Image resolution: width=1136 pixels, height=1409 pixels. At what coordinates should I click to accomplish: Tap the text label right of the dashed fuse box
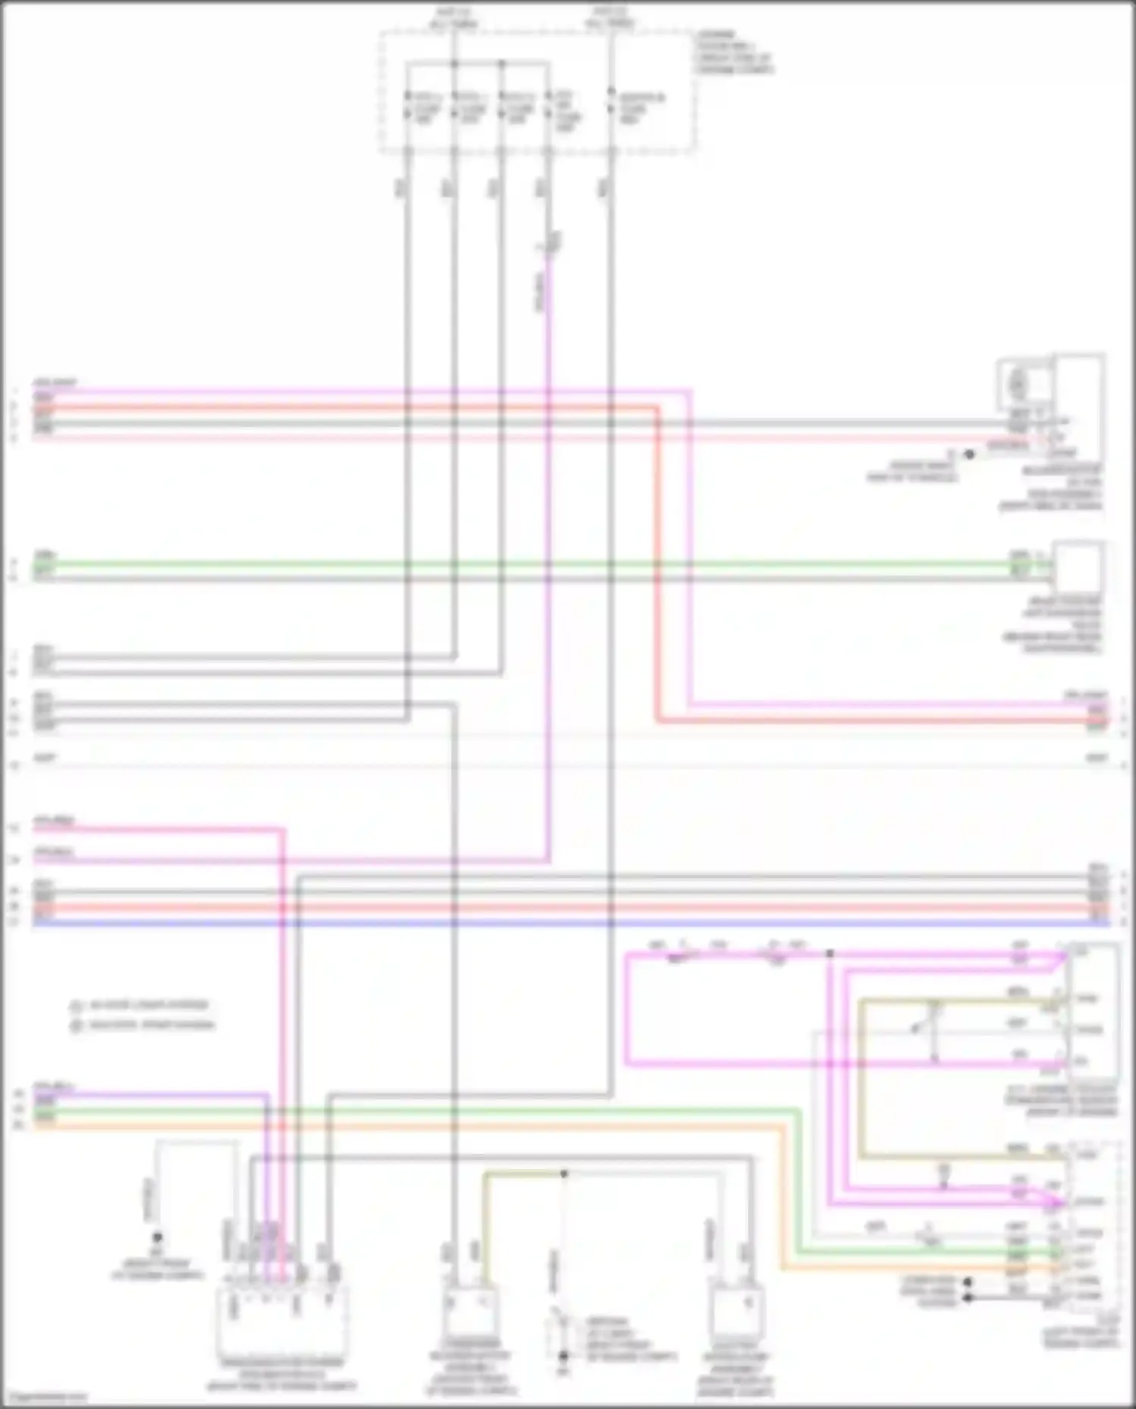pos(732,53)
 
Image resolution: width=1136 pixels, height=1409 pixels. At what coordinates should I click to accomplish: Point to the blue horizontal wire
pos(568,923)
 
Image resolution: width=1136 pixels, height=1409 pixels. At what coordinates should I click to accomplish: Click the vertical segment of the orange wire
pos(783,1196)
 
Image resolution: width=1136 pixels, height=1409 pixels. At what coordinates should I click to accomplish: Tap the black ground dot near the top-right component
pos(969,454)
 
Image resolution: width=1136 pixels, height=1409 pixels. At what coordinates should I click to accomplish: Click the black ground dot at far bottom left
pos(157,1237)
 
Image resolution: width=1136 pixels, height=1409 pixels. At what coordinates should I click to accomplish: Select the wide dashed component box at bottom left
pos(282,1321)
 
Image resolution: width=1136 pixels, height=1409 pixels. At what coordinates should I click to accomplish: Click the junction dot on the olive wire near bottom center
pos(563,1174)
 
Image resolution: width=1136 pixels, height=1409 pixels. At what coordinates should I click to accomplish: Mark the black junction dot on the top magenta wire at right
pos(830,954)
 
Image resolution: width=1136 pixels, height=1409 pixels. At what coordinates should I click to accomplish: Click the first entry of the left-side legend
pos(141,1005)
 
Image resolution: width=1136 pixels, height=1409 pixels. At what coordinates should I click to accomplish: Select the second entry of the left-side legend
pos(143,1025)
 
